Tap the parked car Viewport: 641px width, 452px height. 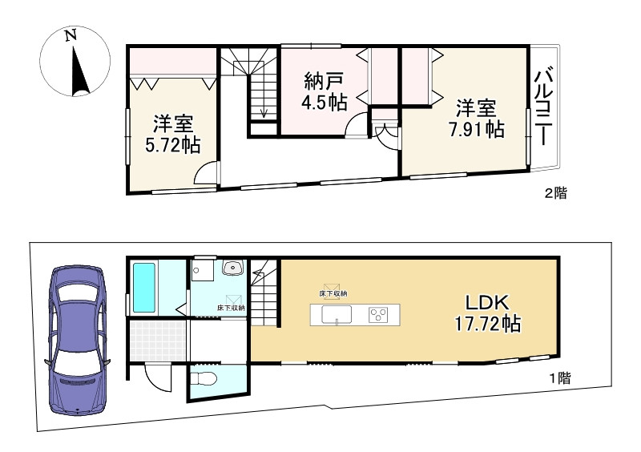coord(78,337)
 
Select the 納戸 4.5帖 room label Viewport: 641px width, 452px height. coord(325,91)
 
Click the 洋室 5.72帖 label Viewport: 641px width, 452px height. coord(172,134)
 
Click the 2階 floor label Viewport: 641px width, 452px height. coord(556,193)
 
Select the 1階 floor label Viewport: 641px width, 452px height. coord(558,378)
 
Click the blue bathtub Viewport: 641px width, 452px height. coord(144,288)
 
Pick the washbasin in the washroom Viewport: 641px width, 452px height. coord(233,268)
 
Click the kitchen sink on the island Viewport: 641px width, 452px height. coord(337,315)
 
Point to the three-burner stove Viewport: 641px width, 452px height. coord(377,315)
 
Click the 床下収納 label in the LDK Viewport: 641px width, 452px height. coord(332,294)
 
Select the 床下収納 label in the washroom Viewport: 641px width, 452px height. coord(230,308)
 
